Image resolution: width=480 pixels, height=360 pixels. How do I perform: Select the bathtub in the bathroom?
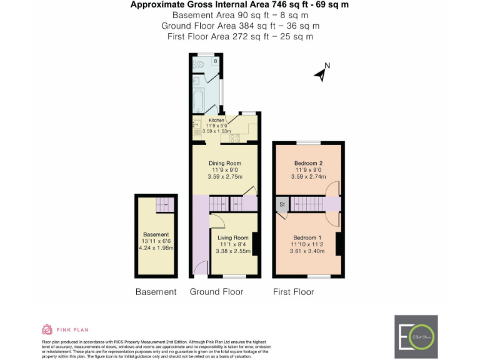[x=198, y=100]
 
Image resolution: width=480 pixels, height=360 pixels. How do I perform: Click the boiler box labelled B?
[x=216, y=61]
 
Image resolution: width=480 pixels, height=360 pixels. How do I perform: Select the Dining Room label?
[x=224, y=163]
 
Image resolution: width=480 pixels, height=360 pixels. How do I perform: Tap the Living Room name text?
[x=232, y=237]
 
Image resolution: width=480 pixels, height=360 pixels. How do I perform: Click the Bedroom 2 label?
[x=308, y=163]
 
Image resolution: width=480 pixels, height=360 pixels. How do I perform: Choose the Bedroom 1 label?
[x=307, y=237]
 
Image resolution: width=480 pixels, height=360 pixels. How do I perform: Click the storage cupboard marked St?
[x=282, y=204]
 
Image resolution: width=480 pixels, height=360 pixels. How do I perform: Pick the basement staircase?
[x=165, y=203]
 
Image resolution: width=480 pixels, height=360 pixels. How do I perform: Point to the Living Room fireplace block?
[x=255, y=243]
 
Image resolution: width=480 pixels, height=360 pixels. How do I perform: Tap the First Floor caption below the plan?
[x=293, y=292]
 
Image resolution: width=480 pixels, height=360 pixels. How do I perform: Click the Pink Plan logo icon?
[x=47, y=329]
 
